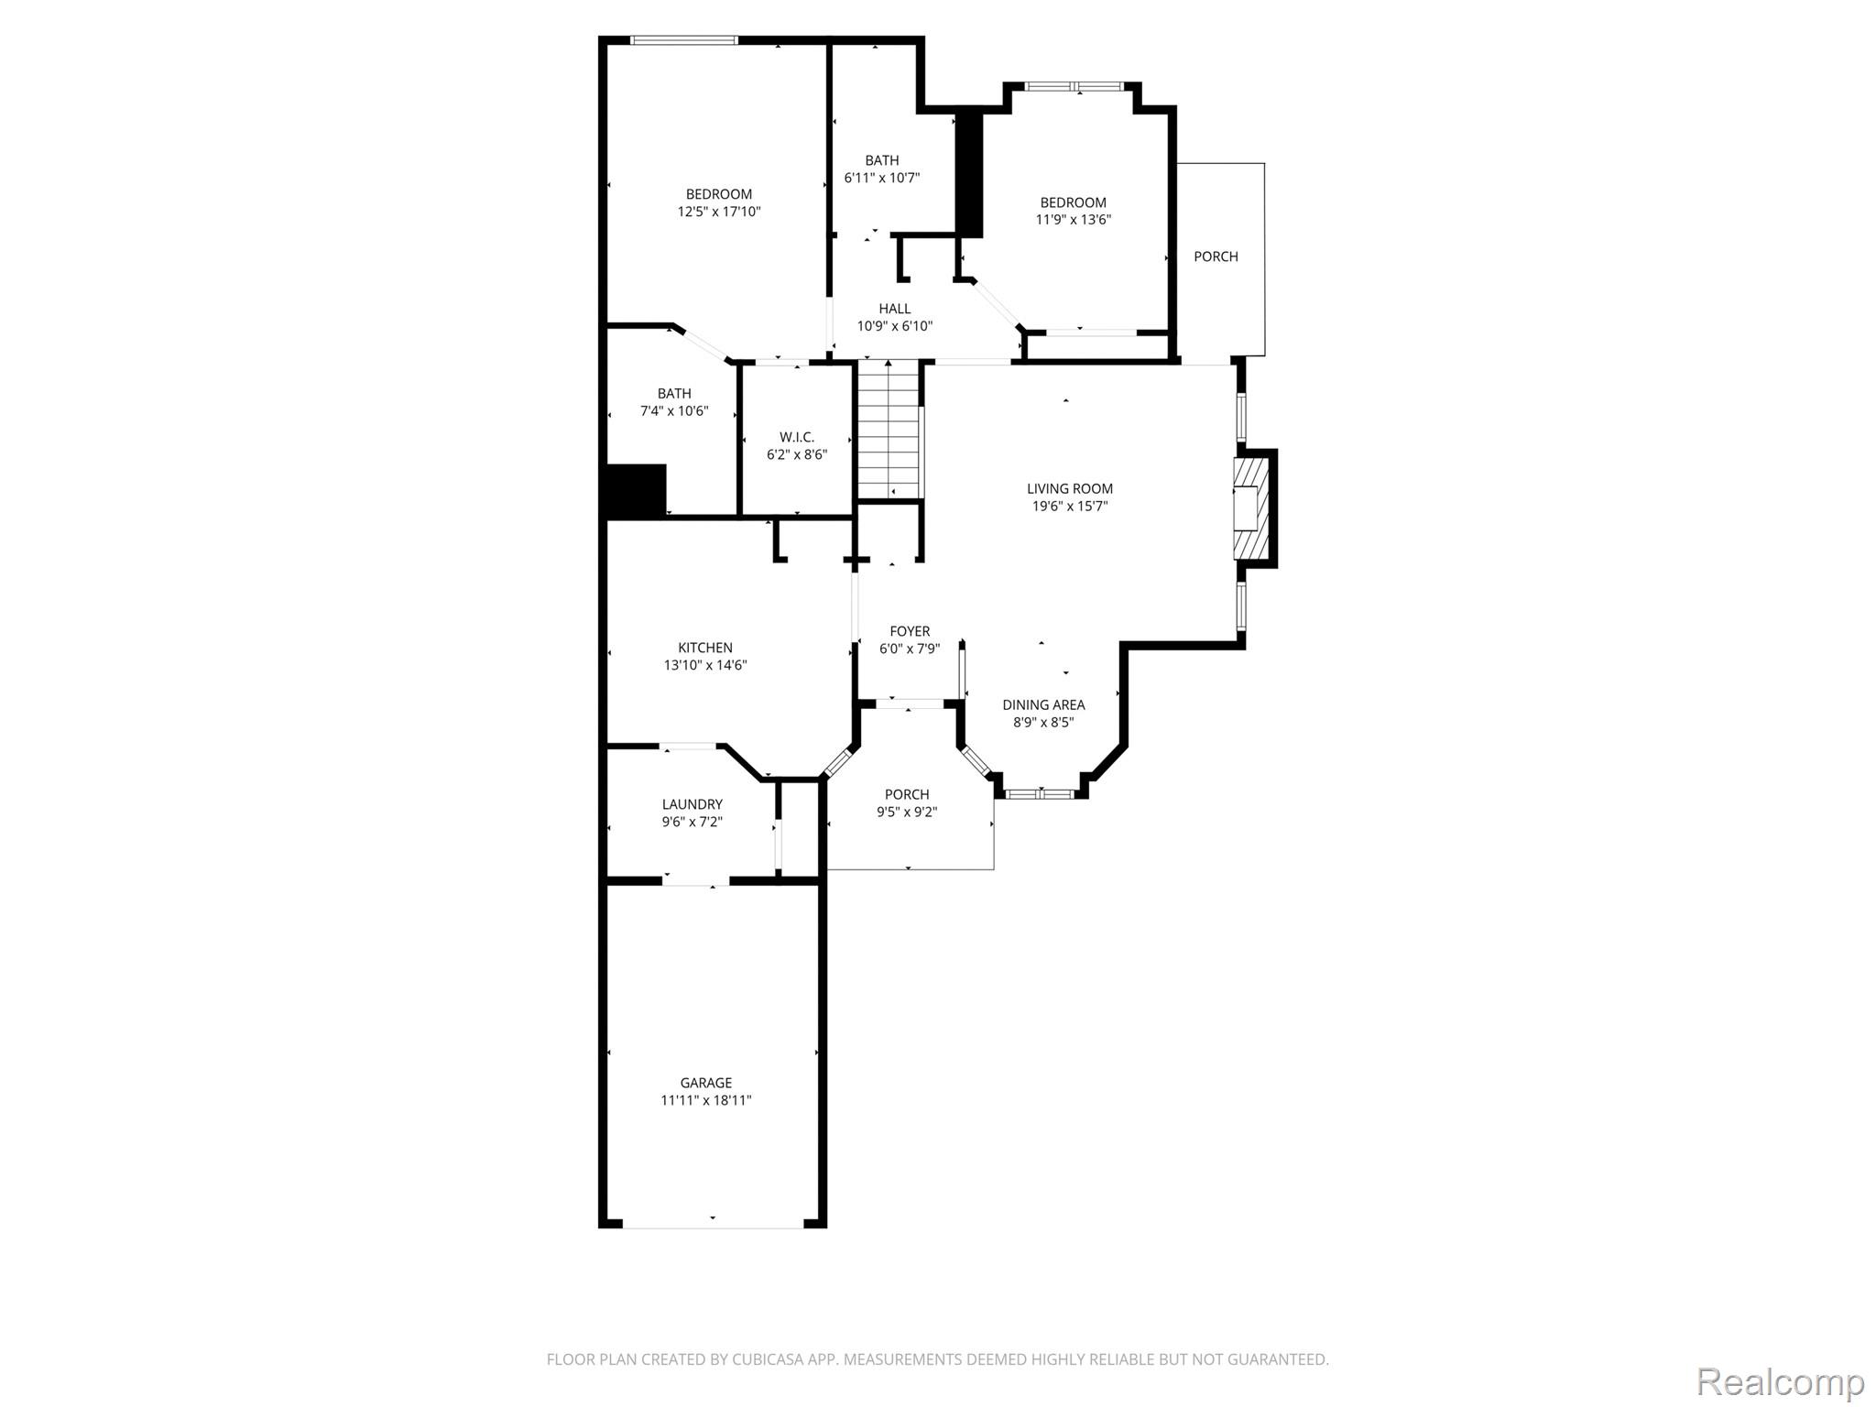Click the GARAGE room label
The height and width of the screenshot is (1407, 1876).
click(x=705, y=1083)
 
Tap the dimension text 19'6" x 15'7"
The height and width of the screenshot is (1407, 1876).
click(x=1070, y=506)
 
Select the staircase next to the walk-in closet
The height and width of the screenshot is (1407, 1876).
click(x=888, y=430)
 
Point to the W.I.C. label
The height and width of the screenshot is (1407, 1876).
click(x=797, y=437)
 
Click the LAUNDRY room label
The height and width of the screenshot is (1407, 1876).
click(x=693, y=804)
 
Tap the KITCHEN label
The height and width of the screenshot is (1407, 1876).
click(x=705, y=648)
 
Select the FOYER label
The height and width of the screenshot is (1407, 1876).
click(x=910, y=631)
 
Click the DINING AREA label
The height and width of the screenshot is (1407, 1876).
click(x=1043, y=704)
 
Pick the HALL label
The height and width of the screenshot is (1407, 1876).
click(x=895, y=309)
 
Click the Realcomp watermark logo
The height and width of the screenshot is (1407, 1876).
click(x=1781, y=1381)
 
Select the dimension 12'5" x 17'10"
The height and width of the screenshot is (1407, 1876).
click(x=719, y=212)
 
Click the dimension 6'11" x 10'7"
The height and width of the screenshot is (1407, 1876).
click(x=882, y=178)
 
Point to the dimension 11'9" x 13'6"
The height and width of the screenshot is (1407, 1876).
click(x=1074, y=220)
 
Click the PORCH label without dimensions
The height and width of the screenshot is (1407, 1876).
click(x=1216, y=256)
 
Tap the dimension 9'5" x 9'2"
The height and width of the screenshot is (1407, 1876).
click(x=907, y=812)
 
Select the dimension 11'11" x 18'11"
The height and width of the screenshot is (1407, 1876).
click(x=706, y=1100)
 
